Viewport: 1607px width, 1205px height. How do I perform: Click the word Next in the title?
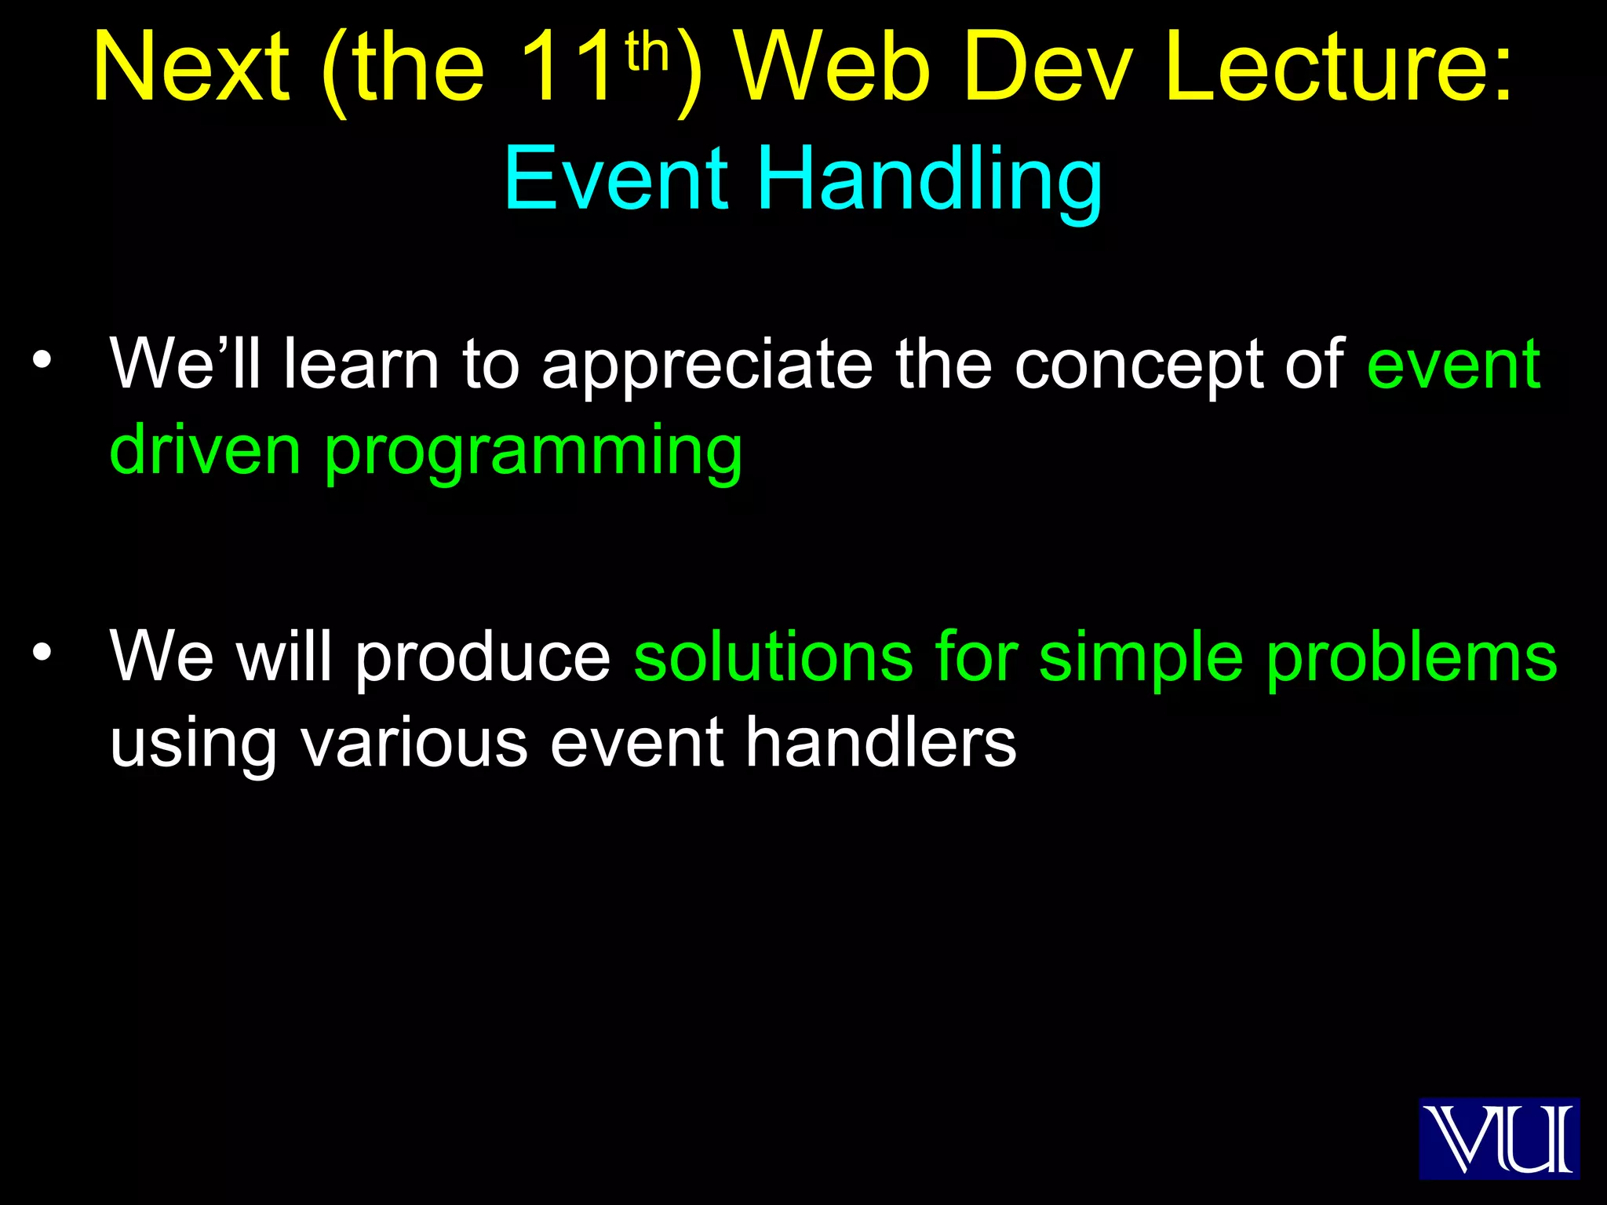(x=191, y=69)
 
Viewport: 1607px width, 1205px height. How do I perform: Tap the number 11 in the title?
(x=567, y=69)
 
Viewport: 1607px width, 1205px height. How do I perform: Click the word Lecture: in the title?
(x=1339, y=69)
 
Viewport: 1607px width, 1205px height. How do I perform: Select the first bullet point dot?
(x=42, y=360)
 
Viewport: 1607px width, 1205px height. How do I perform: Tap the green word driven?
(x=206, y=450)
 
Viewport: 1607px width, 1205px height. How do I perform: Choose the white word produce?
(x=483, y=657)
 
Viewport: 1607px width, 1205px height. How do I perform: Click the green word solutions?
(x=773, y=657)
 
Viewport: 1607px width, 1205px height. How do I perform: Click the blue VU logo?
(x=1499, y=1138)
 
